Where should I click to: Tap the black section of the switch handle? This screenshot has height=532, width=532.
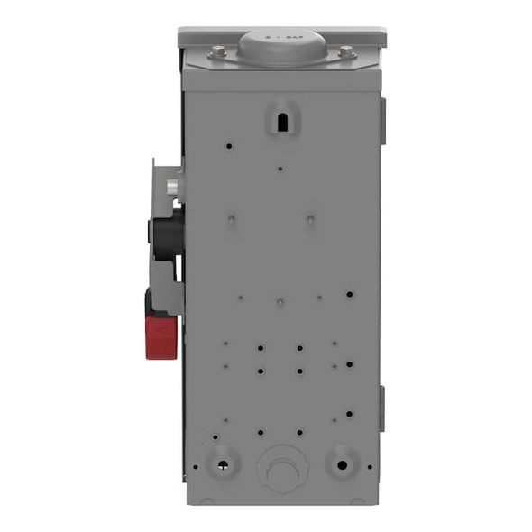tap(166, 233)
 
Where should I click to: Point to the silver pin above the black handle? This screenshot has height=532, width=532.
tap(172, 187)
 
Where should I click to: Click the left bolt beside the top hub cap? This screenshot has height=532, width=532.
tap(219, 53)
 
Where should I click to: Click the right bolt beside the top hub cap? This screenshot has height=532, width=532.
tap(345, 53)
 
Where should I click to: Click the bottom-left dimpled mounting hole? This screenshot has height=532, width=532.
tap(221, 463)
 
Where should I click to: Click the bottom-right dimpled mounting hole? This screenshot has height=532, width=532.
tap(342, 463)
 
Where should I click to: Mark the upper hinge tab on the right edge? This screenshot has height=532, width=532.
tap(382, 122)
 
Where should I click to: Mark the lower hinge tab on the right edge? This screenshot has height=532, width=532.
tap(382, 408)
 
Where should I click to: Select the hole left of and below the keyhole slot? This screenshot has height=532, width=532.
tap(232, 145)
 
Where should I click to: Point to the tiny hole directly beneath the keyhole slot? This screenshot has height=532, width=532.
tap(280, 168)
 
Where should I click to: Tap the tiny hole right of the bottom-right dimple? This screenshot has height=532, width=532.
tap(369, 467)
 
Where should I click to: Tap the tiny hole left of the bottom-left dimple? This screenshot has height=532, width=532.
tap(192, 467)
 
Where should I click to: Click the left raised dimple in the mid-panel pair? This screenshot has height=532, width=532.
tap(232, 219)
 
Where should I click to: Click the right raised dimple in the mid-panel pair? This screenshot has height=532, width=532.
tap(309, 219)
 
